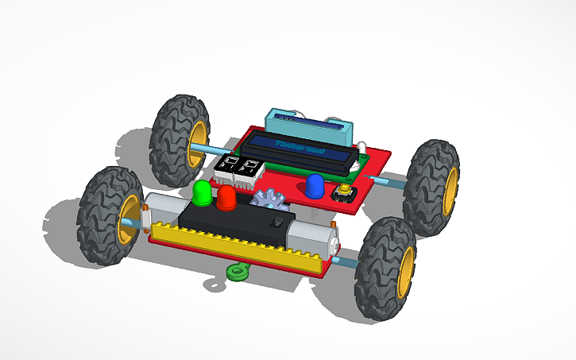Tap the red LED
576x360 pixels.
click(x=226, y=197)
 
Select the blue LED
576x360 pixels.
click(x=315, y=186)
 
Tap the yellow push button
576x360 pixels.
click(x=346, y=191)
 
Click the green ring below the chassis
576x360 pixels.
click(x=236, y=273)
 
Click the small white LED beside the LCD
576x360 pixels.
click(x=360, y=146)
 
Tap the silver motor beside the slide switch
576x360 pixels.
click(x=311, y=235)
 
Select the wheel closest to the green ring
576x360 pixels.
click(x=385, y=269)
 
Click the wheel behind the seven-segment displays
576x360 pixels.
click(x=180, y=137)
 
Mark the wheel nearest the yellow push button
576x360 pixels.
click(x=433, y=188)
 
